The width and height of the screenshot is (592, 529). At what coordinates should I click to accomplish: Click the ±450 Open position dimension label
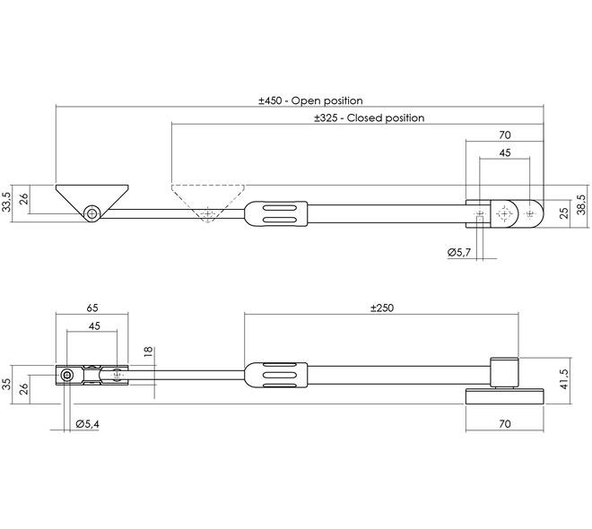tap(310, 100)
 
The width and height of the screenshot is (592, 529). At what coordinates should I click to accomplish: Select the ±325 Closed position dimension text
tap(370, 118)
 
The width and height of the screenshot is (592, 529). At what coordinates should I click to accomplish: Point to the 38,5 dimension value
tap(582, 204)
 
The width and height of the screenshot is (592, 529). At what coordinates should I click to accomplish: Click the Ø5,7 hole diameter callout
tap(459, 252)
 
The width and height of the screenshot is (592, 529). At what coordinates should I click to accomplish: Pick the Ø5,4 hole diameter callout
tap(87, 424)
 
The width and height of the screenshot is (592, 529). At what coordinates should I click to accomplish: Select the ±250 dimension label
tap(382, 308)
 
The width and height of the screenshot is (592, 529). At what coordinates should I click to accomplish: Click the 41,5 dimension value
tap(564, 379)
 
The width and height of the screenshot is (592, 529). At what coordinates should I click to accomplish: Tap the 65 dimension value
tap(92, 308)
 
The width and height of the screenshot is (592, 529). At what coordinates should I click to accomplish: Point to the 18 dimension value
tap(148, 351)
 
